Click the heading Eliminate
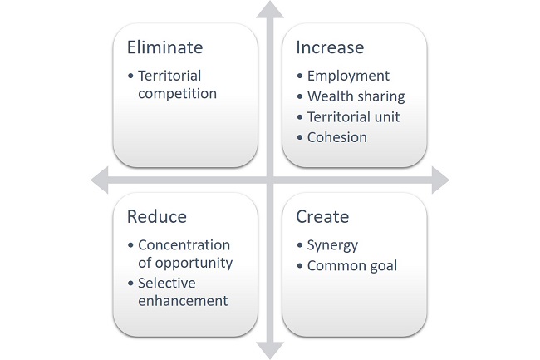[164, 47]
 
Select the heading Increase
[330, 47]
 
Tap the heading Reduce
[157, 217]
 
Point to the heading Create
[322, 217]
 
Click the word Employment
[348, 76]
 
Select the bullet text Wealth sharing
[356, 96]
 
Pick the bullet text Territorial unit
[353, 116]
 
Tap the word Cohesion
[336, 137]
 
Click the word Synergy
[333, 245]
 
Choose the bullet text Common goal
[352, 266]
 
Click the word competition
[178, 94]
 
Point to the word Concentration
[184, 245]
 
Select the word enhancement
[182, 300]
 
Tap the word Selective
[166, 283]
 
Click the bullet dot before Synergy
[300, 246]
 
